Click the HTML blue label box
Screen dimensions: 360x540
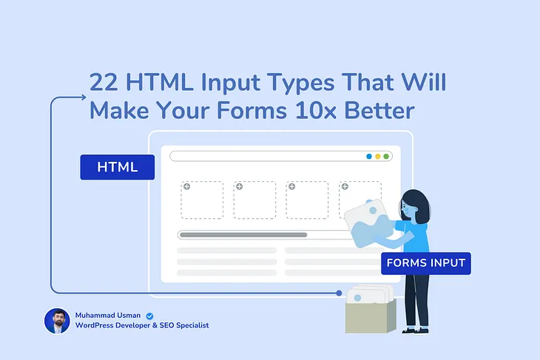pos(118,167)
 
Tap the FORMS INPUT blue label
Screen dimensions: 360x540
pos(425,263)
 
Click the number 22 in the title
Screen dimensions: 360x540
pos(103,83)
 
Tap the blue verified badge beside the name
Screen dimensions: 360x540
pos(149,314)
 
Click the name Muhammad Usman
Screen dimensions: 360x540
pos(109,314)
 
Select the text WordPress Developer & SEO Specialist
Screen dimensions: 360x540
pos(142,326)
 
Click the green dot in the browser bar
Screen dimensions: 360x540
pos(386,157)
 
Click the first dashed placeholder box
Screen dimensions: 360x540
pos(202,200)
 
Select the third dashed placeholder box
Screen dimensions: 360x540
pos(307,200)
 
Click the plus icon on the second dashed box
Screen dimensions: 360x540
pos(238,186)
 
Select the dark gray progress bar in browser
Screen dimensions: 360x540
pos(243,235)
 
